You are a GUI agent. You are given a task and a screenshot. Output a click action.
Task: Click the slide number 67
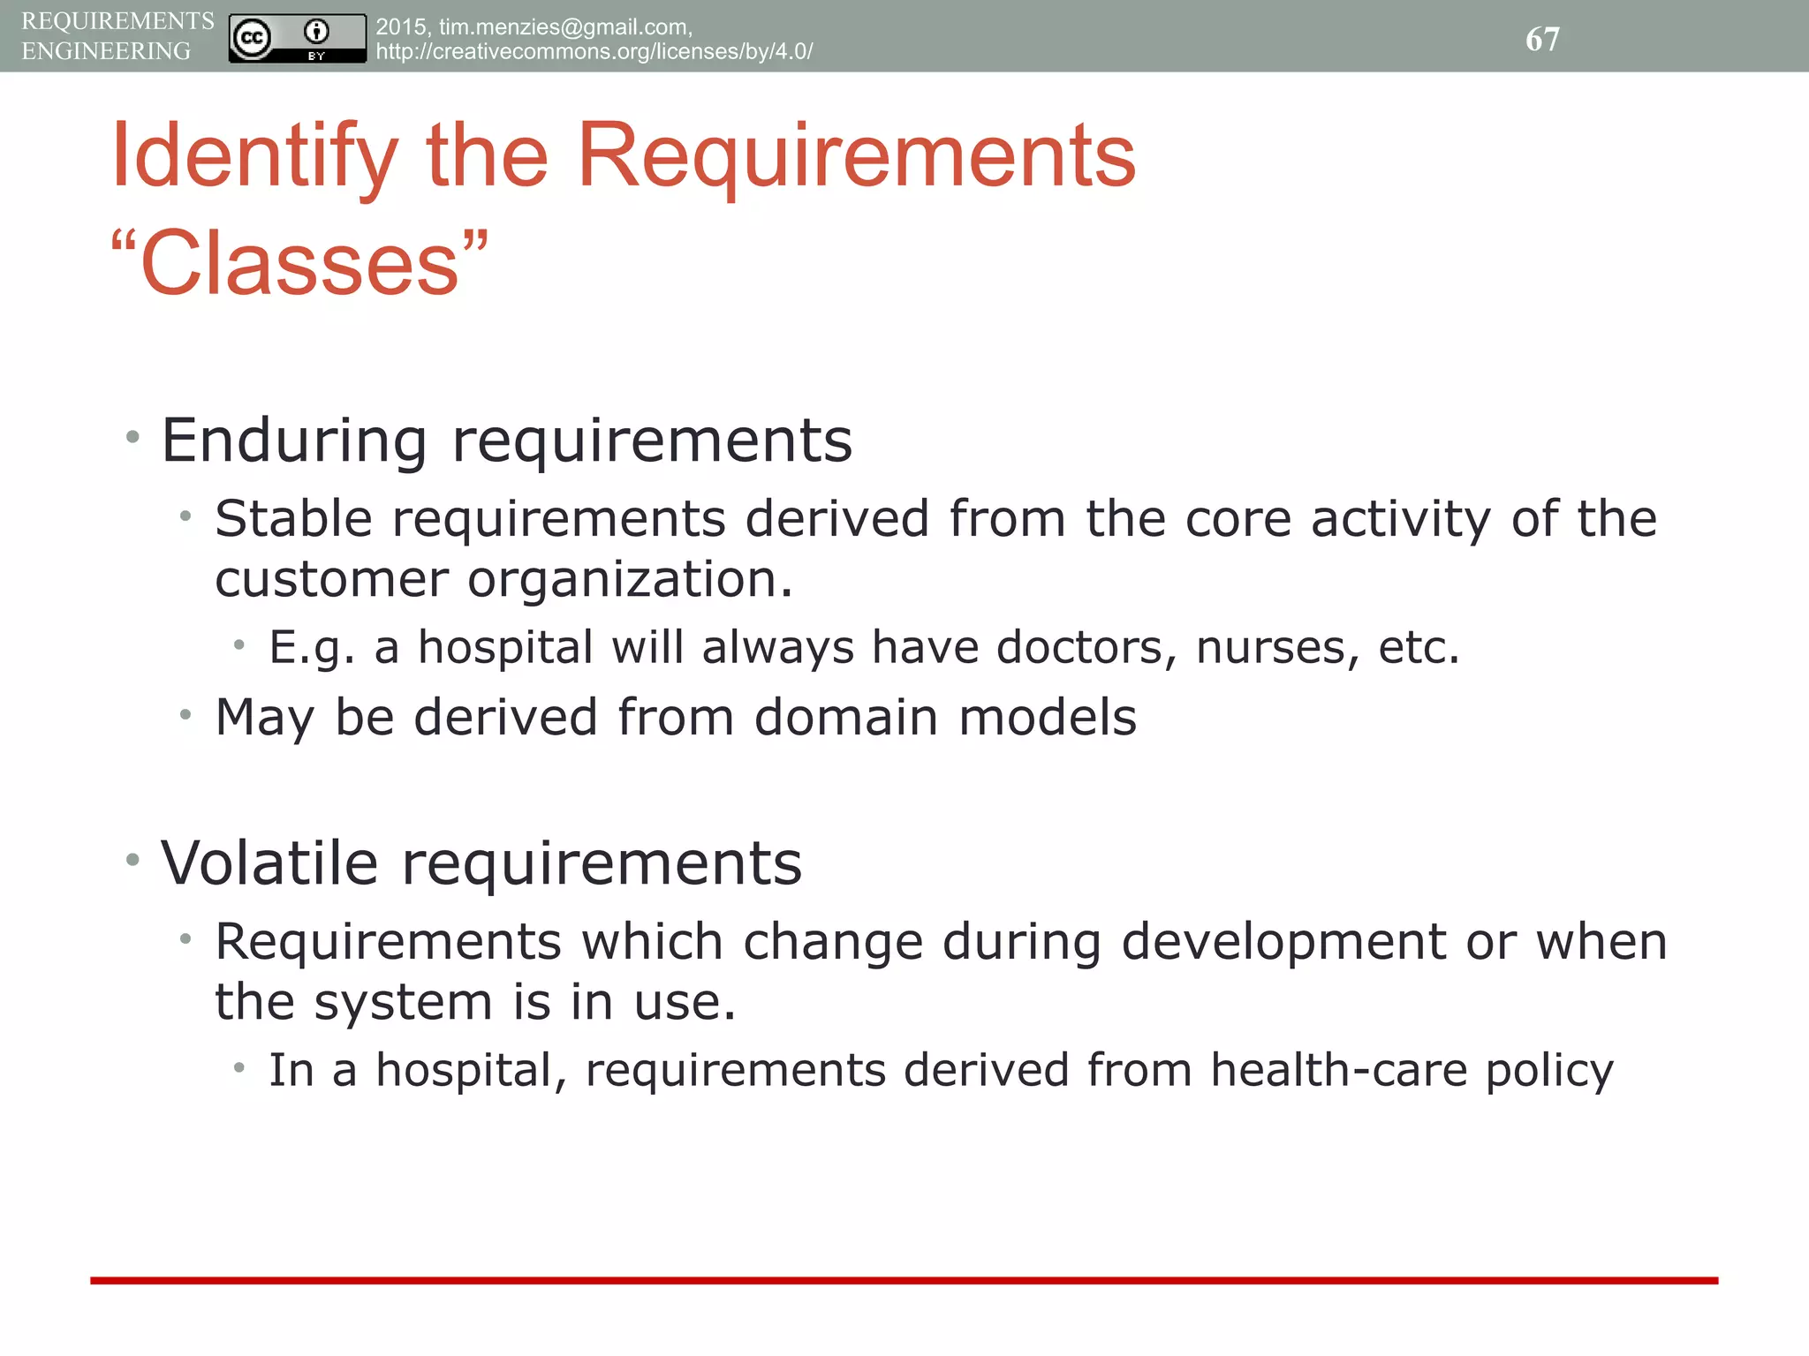click(1542, 39)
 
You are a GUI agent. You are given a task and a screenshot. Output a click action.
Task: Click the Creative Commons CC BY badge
click(297, 38)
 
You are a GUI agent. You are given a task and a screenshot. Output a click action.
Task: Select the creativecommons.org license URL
click(594, 51)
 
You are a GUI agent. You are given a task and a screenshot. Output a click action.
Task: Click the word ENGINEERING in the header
click(106, 51)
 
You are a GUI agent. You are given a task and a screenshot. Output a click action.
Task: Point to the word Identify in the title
click(254, 157)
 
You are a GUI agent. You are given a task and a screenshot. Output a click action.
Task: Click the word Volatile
click(269, 863)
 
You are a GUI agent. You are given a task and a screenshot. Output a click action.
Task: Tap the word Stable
click(293, 518)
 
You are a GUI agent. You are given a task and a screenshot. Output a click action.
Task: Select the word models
click(1048, 717)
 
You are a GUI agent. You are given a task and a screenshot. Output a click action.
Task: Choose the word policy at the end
click(1549, 1072)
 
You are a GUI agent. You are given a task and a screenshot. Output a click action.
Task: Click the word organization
click(629, 580)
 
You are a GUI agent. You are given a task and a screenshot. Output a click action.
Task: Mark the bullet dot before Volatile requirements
click(132, 859)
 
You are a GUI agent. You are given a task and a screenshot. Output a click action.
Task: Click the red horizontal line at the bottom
click(904, 1280)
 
